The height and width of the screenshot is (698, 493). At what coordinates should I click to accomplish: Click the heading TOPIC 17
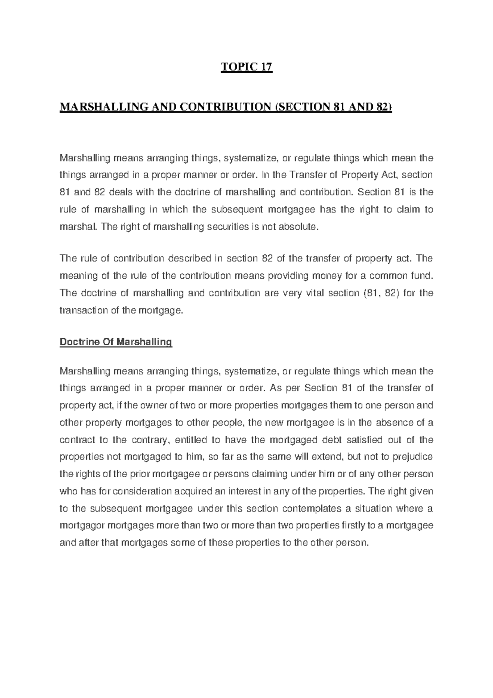(x=246, y=67)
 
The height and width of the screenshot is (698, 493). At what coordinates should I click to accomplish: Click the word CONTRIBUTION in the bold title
(x=224, y=107)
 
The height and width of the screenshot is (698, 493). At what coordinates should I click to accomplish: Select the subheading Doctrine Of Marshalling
(x=115, y=342)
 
